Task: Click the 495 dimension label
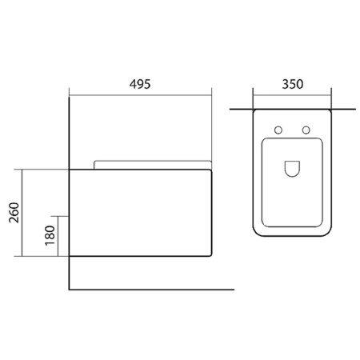click(x=140, y=84)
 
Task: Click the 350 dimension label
click(x=293, y=84)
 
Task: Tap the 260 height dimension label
click(x=14, y=213)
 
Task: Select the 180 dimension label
click(x=50, y=235)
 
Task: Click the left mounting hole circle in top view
click(x=278, y=130)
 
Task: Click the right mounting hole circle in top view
click(x=306, y=130)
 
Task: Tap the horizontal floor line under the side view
click(x=151, y=290)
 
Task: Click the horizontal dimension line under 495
click(x=140, y=95)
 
